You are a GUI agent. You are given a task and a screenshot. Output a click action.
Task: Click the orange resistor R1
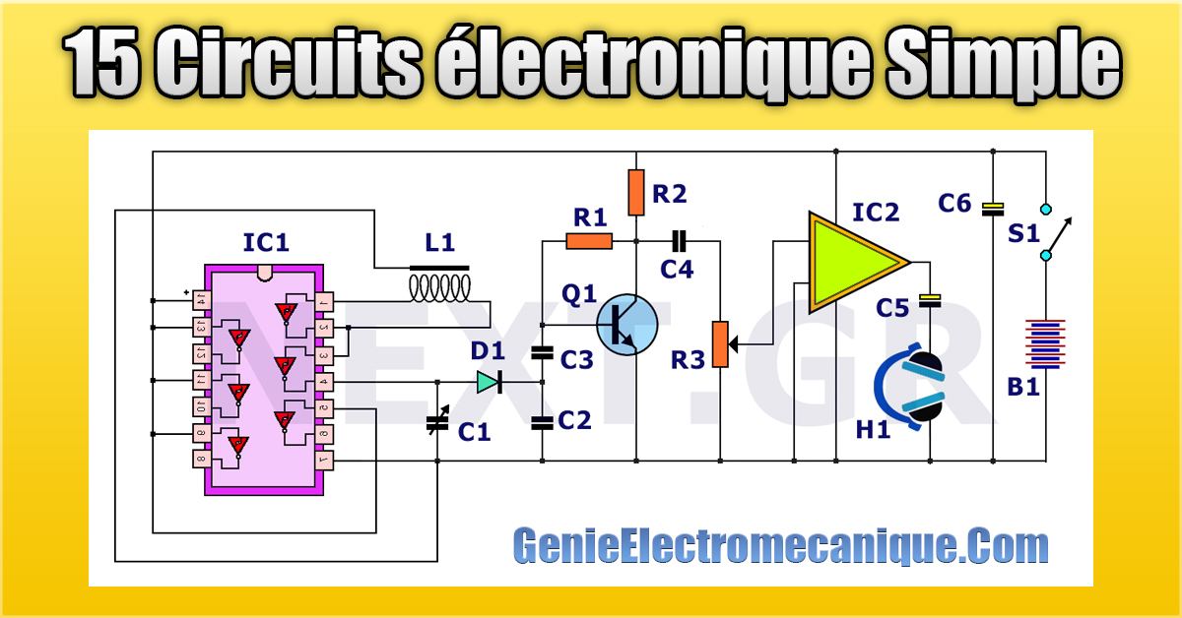point(589,241)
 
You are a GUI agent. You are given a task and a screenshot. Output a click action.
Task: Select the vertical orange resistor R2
point(636,193)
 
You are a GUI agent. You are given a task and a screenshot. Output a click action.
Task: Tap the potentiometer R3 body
point(721,344)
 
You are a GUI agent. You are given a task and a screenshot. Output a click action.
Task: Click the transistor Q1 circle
point(626,324)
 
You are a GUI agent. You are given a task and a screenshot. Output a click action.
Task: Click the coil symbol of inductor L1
point(439,287)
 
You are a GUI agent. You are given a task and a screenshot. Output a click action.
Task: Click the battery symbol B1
point(1045,342)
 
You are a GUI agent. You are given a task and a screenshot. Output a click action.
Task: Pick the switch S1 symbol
point(1052,232)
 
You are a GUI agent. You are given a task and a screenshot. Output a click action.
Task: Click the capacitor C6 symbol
point(993,208)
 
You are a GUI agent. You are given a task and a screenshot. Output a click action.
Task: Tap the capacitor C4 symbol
point(679,239)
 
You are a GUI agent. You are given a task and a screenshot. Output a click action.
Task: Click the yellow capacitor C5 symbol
point(929,299)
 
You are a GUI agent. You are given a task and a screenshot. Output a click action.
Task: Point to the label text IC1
point(266,242)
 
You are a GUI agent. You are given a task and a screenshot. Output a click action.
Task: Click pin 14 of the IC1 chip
point(201,298)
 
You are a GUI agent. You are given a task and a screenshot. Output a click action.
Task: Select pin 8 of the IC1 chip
point(201,459)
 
